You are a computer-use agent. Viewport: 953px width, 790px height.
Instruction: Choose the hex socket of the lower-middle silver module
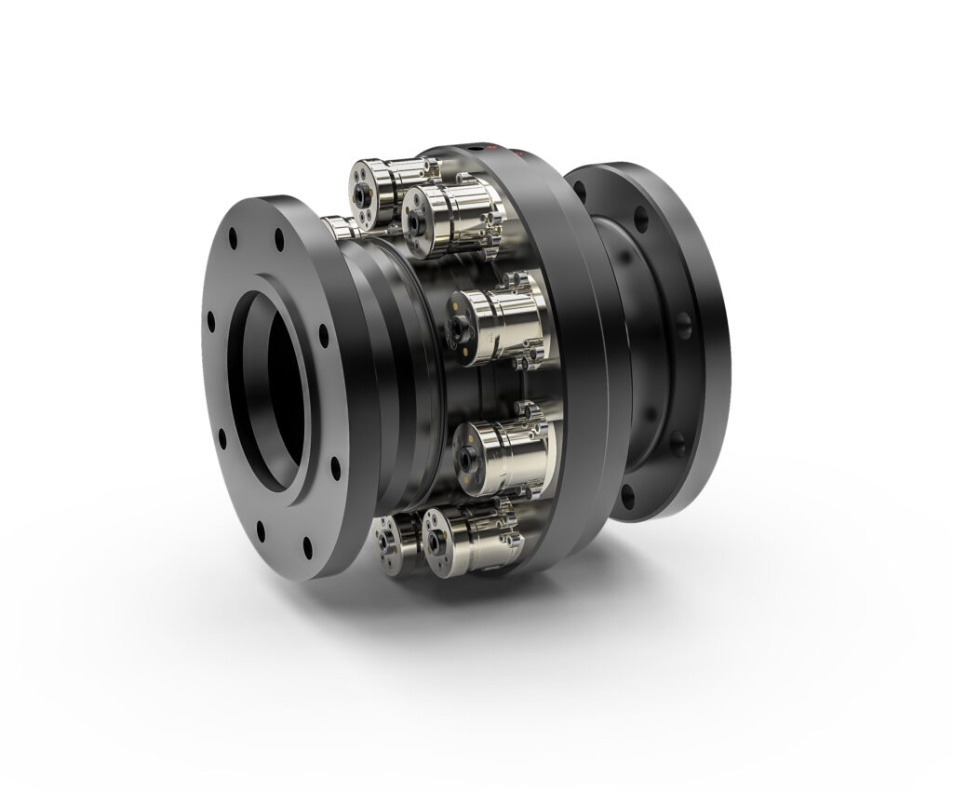pos(463,453)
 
